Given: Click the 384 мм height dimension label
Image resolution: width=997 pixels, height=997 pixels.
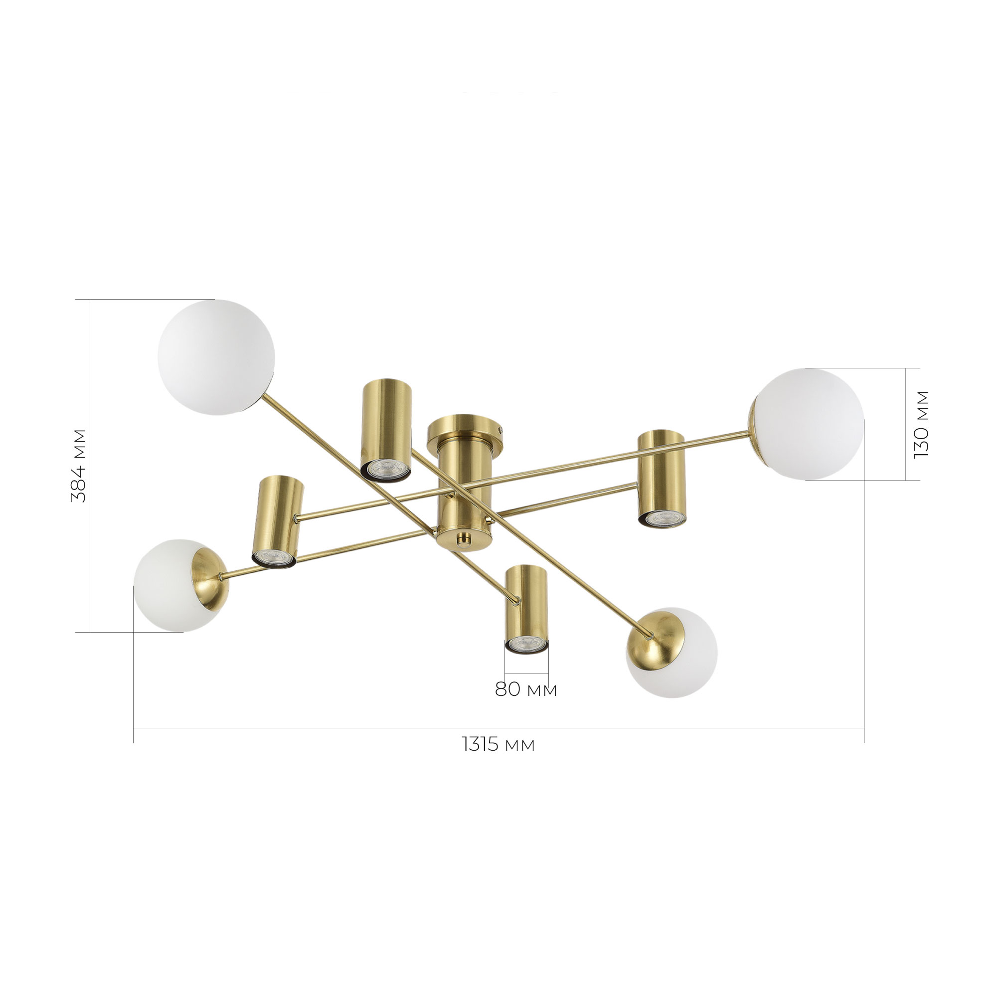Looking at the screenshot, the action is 79,466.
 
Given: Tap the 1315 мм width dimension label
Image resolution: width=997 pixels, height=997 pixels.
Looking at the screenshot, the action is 498,745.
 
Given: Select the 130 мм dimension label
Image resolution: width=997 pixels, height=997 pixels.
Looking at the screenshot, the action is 921,424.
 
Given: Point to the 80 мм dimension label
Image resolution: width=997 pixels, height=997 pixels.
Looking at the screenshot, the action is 526,689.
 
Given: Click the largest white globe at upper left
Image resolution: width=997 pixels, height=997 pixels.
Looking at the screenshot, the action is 216,357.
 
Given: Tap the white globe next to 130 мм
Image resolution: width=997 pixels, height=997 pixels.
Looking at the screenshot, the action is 806,424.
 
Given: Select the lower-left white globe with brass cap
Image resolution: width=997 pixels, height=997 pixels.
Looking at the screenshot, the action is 180,585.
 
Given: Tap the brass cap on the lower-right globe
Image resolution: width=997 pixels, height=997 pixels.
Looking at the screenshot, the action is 655,637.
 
